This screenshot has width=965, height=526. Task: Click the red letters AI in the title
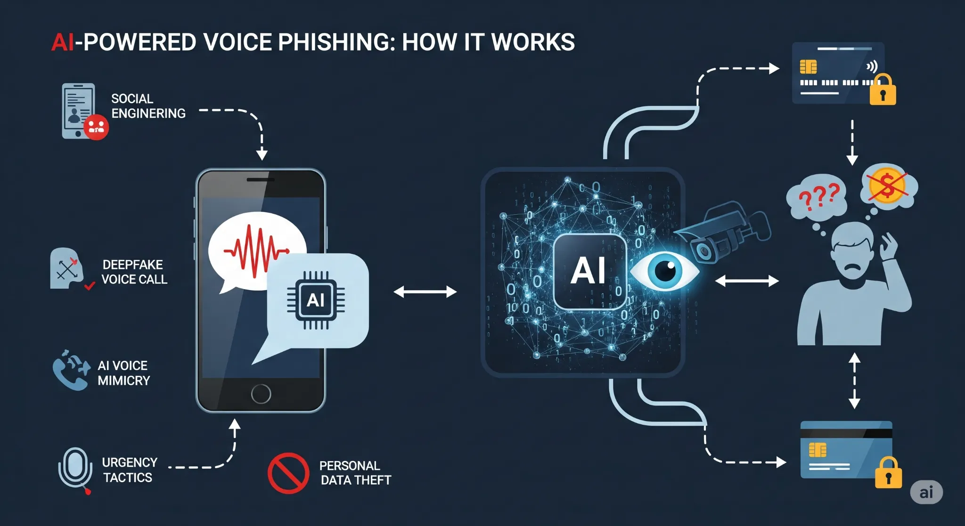(x=63, y=42)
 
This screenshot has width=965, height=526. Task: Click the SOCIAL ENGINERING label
(x=148, y=106)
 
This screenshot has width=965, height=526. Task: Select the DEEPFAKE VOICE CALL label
(x=134, y=272)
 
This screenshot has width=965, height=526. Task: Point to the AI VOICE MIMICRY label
(x=123, y=373)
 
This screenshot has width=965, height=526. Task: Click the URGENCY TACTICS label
(x=129, y=470)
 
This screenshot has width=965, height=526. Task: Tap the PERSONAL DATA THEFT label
(x=355, y=473)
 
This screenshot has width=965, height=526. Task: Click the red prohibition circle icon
(x=288, y=473)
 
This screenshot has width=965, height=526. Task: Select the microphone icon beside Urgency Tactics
(x=75, y=469)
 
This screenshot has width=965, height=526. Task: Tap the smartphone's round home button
(x=261, y=394)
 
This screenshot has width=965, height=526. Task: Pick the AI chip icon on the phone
(x=316, y=300)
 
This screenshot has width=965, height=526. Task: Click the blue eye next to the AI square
(x=665, y=271)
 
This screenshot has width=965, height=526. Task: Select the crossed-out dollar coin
(x=887, y=186)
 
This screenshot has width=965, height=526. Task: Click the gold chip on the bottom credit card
(x=818, y=450)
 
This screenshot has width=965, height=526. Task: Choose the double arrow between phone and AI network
(x=425, y=292)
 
